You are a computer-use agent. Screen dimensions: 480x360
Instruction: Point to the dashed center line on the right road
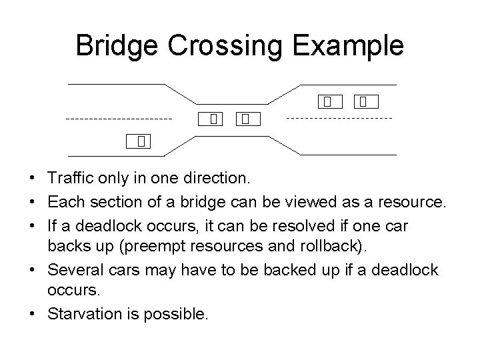[x=339, y=118]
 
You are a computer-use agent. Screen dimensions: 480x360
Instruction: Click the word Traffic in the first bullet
[x=71, y=179]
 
